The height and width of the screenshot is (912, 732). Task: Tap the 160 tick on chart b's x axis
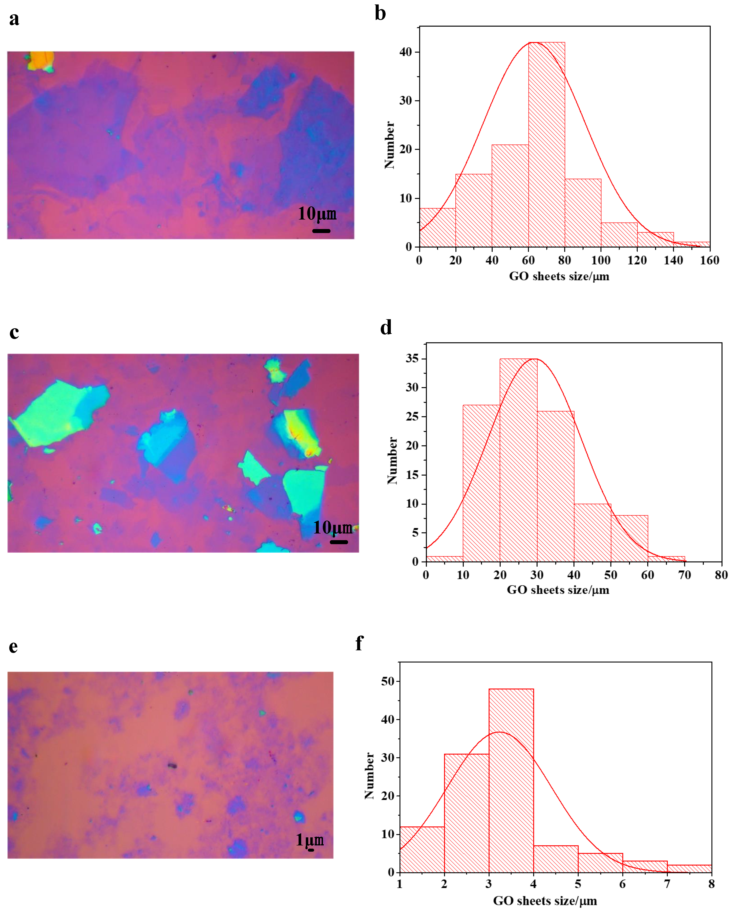point(710,260)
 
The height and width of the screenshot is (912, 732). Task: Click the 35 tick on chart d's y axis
point(412,358)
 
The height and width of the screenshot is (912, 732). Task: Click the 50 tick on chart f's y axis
point(388,681)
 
